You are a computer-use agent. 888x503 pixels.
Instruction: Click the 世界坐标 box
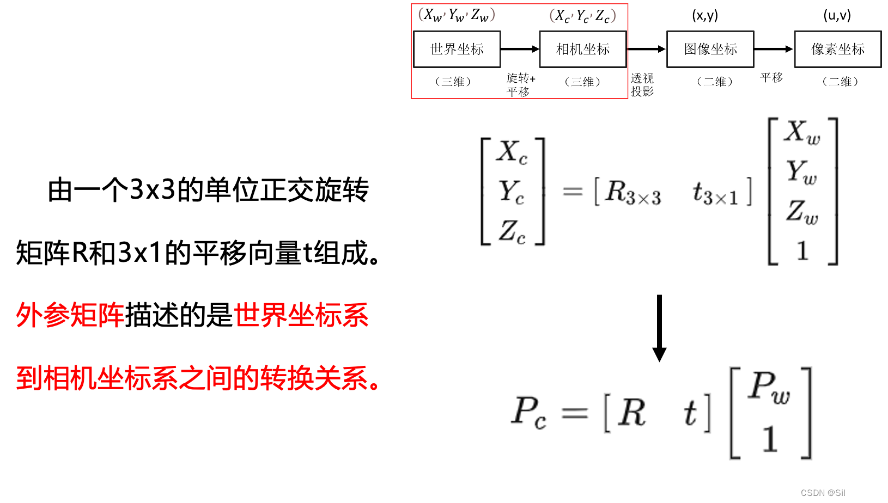point(457,49)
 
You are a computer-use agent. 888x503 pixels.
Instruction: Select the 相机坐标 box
point(582,49)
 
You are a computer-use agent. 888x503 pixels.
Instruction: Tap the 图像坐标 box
point(710,49)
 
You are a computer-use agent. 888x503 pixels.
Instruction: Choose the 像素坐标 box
point(837,49)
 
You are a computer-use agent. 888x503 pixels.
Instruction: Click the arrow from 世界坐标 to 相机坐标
point(520,49)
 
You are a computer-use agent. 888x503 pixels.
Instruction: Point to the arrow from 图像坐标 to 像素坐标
point(774,49)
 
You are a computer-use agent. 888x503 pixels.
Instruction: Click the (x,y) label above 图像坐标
point(705,15)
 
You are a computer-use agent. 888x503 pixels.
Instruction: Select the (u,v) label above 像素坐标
point(837,15)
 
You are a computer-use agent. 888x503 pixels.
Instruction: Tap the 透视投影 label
point(642,85)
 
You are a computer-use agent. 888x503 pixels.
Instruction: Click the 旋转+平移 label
point(520,85)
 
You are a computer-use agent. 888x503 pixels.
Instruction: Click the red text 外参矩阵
point(70,315)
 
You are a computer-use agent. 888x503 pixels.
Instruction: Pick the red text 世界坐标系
point(301,315)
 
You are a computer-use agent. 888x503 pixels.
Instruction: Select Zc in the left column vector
point(512,231)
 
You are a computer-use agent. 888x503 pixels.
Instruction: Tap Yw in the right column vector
point(801,172)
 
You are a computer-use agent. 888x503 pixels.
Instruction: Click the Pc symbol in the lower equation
point(528,412)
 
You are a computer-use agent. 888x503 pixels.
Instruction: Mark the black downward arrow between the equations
point(659,349)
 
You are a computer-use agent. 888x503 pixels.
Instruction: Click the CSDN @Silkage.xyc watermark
point(840,493)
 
